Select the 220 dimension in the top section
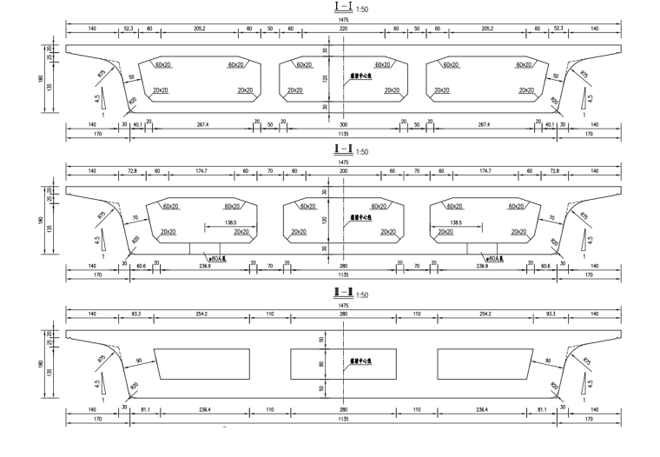coord(343,30)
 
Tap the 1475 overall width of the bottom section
coord(343,305)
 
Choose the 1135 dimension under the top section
coord(343,135)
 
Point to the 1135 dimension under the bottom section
coord(343,420)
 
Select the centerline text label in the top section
coord(361,76)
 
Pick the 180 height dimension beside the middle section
coord(41,221)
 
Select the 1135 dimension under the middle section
coord(343,276)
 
